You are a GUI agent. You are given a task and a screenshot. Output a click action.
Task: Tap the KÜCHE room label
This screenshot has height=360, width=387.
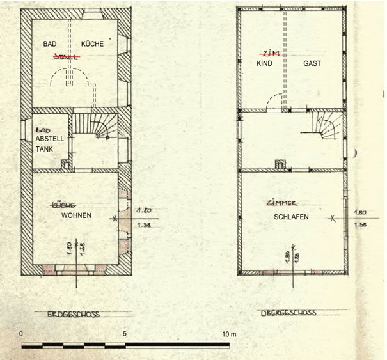[x=92, y=44]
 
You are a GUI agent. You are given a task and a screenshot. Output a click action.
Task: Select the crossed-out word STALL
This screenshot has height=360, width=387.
[x=67, y=56]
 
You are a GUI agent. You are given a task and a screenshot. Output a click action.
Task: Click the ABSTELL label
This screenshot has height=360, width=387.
[x=49, y=137]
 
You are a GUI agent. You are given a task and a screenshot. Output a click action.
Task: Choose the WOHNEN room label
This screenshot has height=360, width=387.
[x=76, y=215]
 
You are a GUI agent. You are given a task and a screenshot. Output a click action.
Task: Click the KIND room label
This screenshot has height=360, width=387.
[x=264, y=65]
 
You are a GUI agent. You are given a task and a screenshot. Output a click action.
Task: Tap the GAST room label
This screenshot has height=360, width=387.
[x=312, y=65]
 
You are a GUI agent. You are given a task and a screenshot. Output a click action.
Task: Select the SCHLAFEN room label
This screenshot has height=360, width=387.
[x=291, y=217]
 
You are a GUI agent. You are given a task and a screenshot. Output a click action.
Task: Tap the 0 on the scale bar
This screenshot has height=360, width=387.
[x=22, y=334]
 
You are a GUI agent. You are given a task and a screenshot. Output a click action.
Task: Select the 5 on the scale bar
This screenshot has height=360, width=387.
[x=125, y=334]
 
